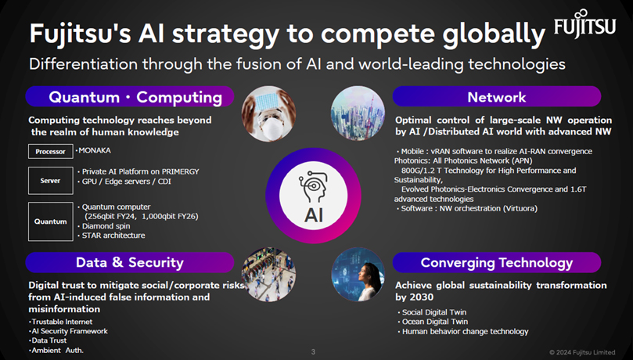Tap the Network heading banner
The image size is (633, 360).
point(496,97)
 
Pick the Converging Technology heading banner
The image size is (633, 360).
point(496,262)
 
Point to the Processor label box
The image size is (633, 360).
point(51,151)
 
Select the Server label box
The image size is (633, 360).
point(51,181)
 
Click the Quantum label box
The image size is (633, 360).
point(51,221)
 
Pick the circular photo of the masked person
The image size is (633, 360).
point(267,113)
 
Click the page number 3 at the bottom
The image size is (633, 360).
point(313,351)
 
